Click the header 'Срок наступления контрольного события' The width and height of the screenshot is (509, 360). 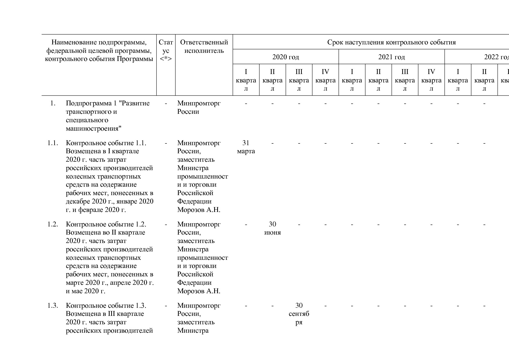click(391, 42)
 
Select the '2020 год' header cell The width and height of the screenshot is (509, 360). click(286, 57)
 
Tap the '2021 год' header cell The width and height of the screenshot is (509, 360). click(391, 57)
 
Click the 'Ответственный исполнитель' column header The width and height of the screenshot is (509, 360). click(204, 46)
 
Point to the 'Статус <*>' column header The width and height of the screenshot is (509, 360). click(166, 51)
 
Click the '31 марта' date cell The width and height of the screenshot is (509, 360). click(246, 147)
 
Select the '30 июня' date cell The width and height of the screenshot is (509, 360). click(272, 228)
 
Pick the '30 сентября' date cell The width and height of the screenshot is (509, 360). click(299, 314)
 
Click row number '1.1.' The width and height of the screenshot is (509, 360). click(53, 143)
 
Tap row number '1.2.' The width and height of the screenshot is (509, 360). click(53, 224)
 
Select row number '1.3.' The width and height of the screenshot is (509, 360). click(53, 306)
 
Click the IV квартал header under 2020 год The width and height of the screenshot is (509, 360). click(325, 80)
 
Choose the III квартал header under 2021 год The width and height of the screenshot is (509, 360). click(405, 80)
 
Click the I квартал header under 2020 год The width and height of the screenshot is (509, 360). click(246, 80)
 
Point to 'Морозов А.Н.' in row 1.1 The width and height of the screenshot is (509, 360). click(199, 210)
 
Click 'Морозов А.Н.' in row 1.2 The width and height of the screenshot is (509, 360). click(199, 291)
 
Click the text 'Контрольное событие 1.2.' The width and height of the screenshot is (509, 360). click(106, 224)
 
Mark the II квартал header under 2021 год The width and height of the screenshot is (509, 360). click(378, 80)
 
